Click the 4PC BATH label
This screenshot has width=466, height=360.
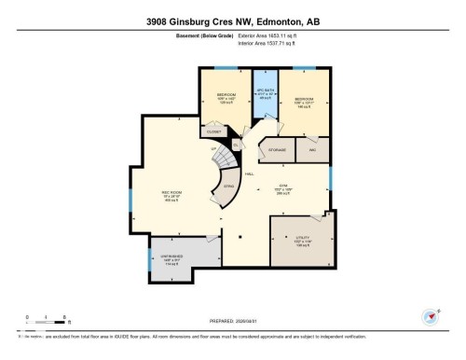[x=264, y=93]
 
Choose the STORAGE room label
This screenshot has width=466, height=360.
[x=277, y=149]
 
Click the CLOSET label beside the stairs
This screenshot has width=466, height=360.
[x=214, y=132]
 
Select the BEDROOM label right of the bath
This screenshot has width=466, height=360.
[x=306, y=99]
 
